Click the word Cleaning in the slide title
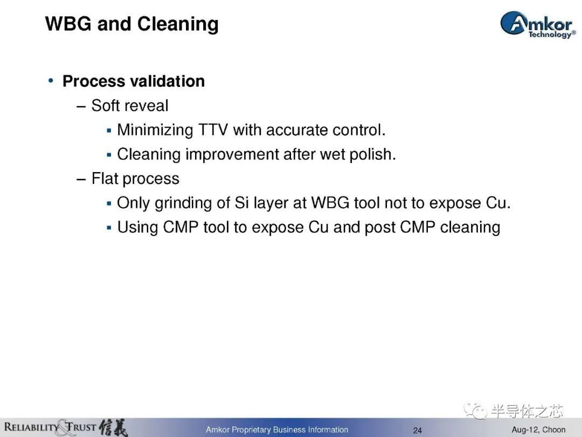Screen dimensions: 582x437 (178, 24)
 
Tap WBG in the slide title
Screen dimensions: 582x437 (68, 23)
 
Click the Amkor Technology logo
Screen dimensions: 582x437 (538, 24)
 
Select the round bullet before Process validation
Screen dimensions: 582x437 (51, 80)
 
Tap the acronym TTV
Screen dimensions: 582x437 (213, 130)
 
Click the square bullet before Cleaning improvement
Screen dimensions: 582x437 (109, 155)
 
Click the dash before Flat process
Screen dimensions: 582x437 (81, 179)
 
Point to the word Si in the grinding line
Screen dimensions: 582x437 (241, 203)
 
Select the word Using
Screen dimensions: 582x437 (138, 228)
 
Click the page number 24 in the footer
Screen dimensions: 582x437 (418, 431)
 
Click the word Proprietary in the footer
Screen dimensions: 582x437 (251, 430)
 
